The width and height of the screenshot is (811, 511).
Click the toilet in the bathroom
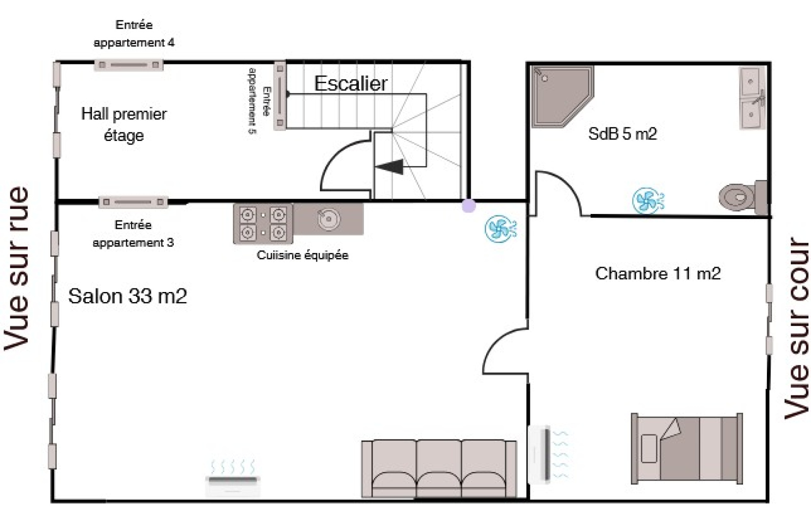[742, 197]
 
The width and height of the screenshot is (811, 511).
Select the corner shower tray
[561, 96]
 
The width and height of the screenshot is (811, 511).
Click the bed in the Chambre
[687, 448]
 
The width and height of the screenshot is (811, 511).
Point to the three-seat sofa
[439, 469]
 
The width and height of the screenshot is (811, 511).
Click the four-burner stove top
[263, 224]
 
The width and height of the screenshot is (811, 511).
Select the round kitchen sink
[329, 219]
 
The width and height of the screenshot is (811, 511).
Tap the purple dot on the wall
[469, 206]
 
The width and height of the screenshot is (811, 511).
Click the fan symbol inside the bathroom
[648, 201]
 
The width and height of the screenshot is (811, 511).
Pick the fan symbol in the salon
[501, 229]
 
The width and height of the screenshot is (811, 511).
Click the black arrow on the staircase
[390, 167]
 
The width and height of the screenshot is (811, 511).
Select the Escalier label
[351, 84]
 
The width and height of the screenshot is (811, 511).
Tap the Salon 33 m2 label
[127, 296]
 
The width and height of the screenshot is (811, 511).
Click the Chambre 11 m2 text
[657, 273]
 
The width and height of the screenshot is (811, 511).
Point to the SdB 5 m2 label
[622, 134]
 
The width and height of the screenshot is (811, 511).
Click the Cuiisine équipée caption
[302, 255]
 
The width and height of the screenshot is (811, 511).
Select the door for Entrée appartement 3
[133, 202]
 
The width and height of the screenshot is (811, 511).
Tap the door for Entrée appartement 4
[129, 65]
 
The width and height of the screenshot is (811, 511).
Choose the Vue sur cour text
[796, 328]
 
